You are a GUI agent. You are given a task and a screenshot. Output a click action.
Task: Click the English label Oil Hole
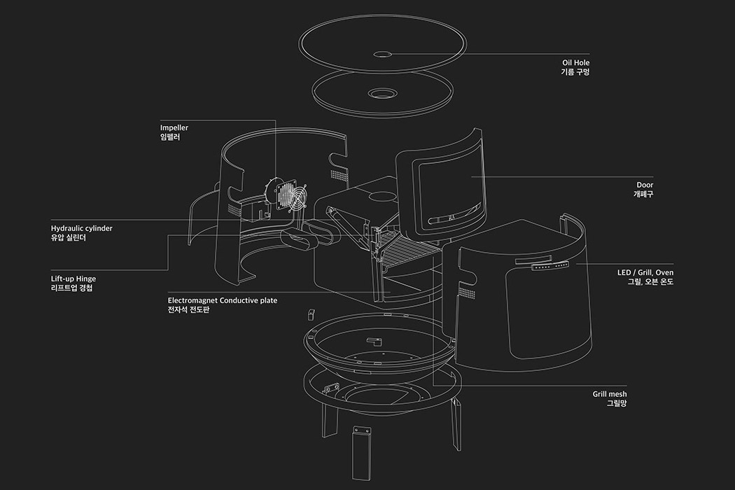tap(576, 62)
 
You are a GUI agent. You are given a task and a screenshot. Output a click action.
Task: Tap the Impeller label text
tap(174, 128)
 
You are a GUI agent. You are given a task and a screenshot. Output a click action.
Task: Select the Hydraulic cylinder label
tap(81, 228)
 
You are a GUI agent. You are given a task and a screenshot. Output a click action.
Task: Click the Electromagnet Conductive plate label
tap(223, 300)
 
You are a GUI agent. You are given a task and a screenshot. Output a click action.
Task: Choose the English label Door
tap(645, 185)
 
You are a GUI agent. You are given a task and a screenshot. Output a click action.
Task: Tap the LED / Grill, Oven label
tap(645, 272)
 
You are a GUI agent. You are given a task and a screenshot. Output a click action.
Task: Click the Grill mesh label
tap(610, 394)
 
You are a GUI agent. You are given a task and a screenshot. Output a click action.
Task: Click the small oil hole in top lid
tap(383, 53)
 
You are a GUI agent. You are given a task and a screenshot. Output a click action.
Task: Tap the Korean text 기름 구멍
tap(575, 72)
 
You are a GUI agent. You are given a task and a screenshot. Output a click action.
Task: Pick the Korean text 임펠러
tap(170, 138)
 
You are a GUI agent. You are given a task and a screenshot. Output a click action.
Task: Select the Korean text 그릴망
tap(616, 404)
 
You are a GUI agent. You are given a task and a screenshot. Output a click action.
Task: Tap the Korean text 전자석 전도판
tap(188, 310)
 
